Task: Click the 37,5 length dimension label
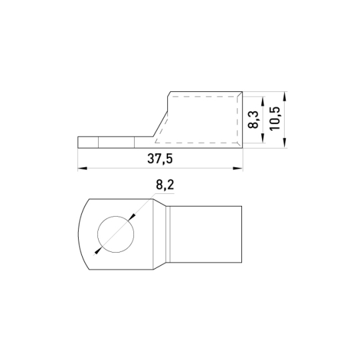(x=160, y=159)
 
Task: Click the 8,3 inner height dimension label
(x=253, y=119)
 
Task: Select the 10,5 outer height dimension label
(x=275, y=119)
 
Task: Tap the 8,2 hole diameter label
(x=165, y=185)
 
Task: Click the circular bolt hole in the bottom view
(x=116, y=234)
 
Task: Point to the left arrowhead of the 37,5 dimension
(x=82, y=168)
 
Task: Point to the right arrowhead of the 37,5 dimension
(x=238, y=168)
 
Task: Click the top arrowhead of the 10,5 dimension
(x=285, y=96)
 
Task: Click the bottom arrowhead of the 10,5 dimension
(x=285, y=143)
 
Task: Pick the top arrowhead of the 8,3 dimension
(x=263, y=101)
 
